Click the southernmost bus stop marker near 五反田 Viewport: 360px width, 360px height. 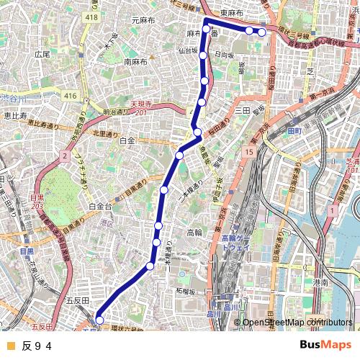point(100,320)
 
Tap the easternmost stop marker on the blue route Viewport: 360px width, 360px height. point(262,32)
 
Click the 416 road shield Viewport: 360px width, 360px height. point(70,96)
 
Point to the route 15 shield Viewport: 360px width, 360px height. point(248,153)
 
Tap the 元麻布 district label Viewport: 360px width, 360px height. point(144,21)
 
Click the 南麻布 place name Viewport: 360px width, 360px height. point(136,62)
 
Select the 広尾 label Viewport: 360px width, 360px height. point(42,54)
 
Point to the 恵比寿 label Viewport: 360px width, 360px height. point(15,115)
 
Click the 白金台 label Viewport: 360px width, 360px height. point(100,206)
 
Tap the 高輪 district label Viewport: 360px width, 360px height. point(194,232)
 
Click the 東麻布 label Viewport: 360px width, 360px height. point(232,13)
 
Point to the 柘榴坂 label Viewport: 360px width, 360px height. point(186,292)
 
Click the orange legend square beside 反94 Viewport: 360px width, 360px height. point(10,346)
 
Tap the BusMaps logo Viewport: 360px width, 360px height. point(325,346)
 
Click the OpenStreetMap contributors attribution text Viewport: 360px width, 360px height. point(297,323)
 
